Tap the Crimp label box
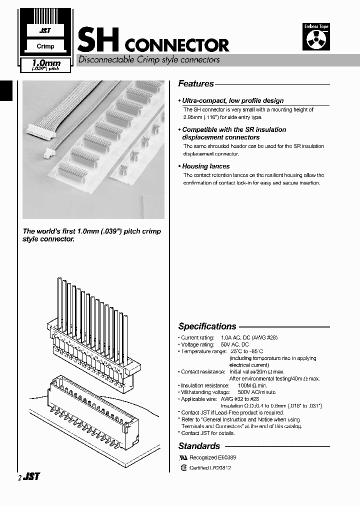click(x=45, y=46)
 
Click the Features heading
click(x=196, y=84)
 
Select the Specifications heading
click(x=207, y=326)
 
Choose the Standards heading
click(x=199, y=446)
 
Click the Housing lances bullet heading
click(x=206, y=166)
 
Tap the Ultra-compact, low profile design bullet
click(x=232, y=100)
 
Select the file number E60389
click(x=227, y=457)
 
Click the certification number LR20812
click(x=220, y=468)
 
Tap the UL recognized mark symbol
click(x=182, y=457)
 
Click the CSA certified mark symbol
click(x=183, y=468)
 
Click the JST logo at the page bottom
click(x=31, y=477)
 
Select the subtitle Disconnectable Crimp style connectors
click(x=148, y=59)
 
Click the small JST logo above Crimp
click(x=45, y=30)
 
